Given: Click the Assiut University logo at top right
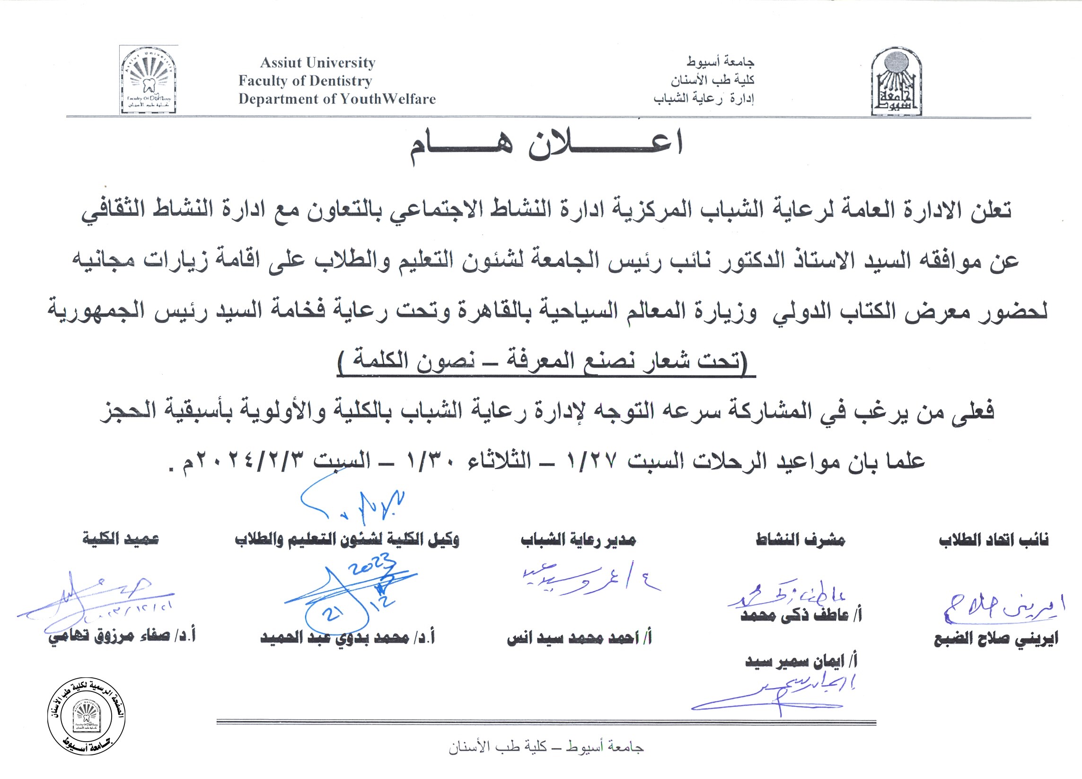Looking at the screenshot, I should point(896,81).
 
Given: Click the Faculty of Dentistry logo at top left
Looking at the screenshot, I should point(149,80).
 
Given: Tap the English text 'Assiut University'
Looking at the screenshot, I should point(318,62).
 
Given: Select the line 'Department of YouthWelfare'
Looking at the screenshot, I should point(337,99).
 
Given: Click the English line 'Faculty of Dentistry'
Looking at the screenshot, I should point(305,80).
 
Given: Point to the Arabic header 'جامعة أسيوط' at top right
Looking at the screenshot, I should point(721,61).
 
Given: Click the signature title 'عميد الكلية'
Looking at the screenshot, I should point(121,540).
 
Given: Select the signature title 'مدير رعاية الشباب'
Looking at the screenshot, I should point(578,540).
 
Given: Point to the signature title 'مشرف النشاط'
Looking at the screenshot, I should point(800,540).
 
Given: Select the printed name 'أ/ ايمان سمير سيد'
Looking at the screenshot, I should point(801,662).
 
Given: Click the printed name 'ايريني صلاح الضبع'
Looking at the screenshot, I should point(995,639).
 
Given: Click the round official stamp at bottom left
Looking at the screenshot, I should point(87,716).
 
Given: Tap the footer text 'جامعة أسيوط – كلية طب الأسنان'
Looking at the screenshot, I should point(546,747).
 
